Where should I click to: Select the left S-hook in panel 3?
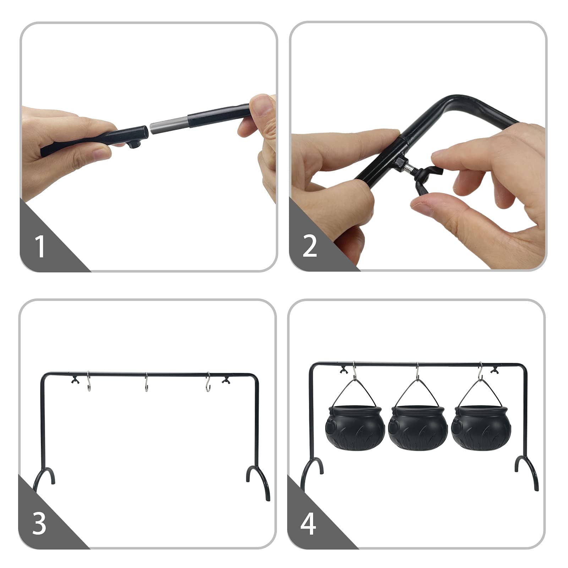click(x=89, y=382)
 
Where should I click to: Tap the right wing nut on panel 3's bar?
click(x=225, y=381)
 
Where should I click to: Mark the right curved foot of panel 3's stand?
click(x=258, y=477)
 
